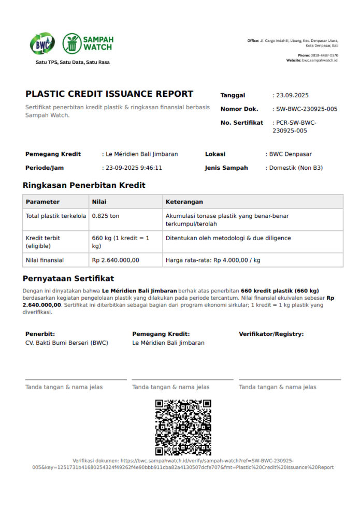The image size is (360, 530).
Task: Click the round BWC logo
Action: coord(42,44)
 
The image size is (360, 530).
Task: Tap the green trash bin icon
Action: coord(72,43)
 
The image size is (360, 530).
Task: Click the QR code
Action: coord(183,427)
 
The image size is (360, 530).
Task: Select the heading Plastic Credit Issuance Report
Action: coord(109,94)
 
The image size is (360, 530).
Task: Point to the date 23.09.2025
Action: coord(292,95)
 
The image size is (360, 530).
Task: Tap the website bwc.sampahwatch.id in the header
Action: coord(320,61)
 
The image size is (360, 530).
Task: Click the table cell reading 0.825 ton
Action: coord(105,215)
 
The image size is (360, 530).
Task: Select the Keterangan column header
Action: coord(184,202)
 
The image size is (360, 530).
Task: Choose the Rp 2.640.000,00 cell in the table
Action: coord(116,260)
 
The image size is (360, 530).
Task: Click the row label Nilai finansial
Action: coord(45,260)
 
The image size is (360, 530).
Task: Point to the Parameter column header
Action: coord(42,202)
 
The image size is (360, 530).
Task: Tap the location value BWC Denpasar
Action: coord(290,154)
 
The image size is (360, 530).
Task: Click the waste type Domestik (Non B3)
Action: coord(296,168)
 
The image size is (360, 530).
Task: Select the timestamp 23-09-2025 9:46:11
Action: coord(134,168)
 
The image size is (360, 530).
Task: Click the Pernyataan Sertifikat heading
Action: coord(68,278)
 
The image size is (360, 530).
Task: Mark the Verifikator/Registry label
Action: coord(271,334)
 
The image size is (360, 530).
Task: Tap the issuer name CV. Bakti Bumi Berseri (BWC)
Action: coord(67,343)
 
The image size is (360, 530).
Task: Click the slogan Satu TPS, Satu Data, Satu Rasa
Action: coord(73,63)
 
